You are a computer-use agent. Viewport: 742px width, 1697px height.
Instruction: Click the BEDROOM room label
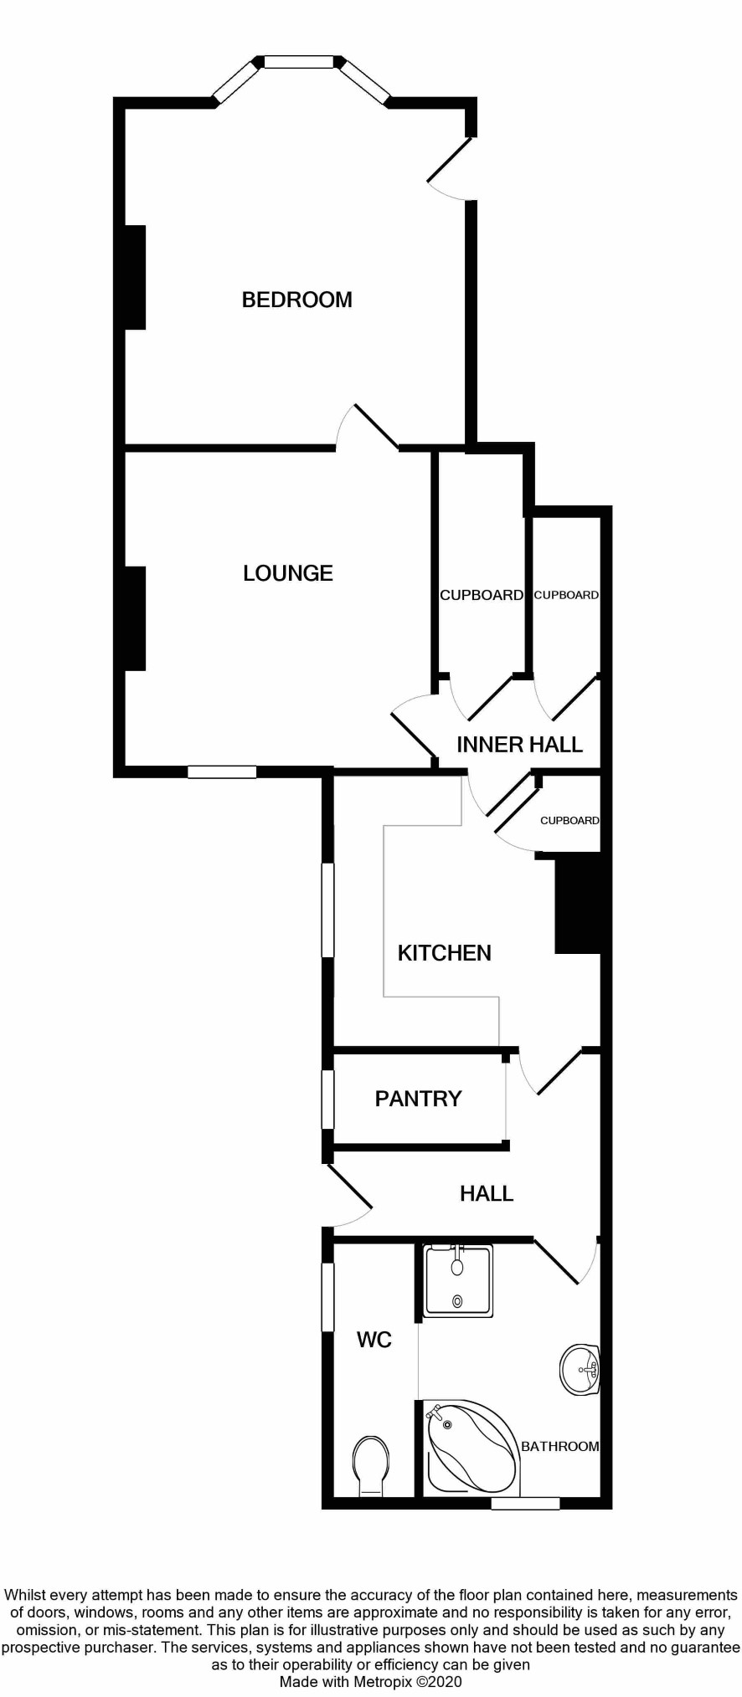[296, 300]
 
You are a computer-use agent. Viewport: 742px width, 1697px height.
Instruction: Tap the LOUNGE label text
[288, 573]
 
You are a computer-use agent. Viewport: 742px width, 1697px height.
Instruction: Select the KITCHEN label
[444, 953]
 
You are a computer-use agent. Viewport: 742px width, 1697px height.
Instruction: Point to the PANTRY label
[418, 1099]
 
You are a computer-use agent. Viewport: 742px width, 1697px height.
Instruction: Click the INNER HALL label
[519, 745]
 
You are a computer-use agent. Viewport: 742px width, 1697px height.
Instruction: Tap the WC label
[374, 1340]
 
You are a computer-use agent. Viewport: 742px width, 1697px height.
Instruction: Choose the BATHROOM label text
[560, 1446]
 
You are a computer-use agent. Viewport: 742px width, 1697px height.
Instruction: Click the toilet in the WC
[371, 1466]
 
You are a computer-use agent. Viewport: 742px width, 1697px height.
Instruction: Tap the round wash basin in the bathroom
[580, 1370]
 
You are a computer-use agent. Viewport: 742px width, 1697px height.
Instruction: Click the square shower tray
[457, 1280]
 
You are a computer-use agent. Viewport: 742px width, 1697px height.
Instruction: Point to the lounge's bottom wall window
[222, 772]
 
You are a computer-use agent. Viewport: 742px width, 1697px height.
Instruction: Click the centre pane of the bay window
[299, 61]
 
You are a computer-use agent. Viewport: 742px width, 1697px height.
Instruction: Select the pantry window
[328, 1100]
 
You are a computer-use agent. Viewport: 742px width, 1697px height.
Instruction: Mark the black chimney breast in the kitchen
[578, 905]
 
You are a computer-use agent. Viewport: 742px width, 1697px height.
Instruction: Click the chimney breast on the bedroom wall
[135, 277]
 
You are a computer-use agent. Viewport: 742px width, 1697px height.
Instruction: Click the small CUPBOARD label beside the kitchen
[569, 820]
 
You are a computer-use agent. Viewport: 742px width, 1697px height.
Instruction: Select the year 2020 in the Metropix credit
[444, 1682]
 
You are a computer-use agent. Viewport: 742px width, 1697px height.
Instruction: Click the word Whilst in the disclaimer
[27, 1595]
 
